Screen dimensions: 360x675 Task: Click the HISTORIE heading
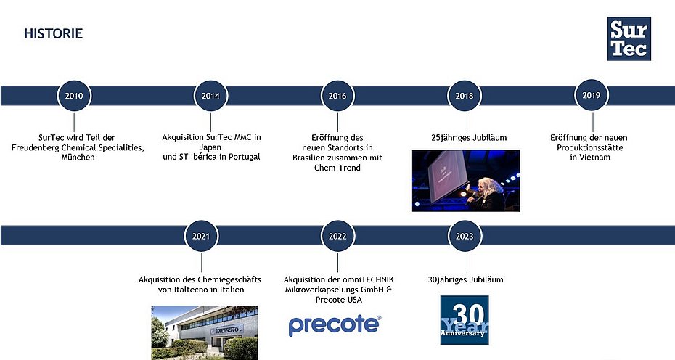coord(53,33)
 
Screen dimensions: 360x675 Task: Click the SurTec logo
coord(629,38)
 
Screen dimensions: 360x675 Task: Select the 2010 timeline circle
coord(74,95)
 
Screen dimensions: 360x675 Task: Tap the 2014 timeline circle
coord(210,95)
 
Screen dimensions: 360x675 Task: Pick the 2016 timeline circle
coord(337,95)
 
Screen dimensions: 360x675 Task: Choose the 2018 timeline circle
coord(465,95)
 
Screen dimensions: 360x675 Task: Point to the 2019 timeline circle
coord(591,95)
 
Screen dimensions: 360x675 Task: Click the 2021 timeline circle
coord(201,236)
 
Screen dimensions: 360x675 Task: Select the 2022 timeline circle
coord(337,236)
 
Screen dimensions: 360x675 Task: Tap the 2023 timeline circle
coord(465,236)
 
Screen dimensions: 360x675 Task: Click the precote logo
coord(335,325)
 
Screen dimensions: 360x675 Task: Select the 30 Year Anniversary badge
coord(465,319)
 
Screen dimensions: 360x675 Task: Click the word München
coord(78,157)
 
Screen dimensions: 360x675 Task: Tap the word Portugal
coord(242,157)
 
